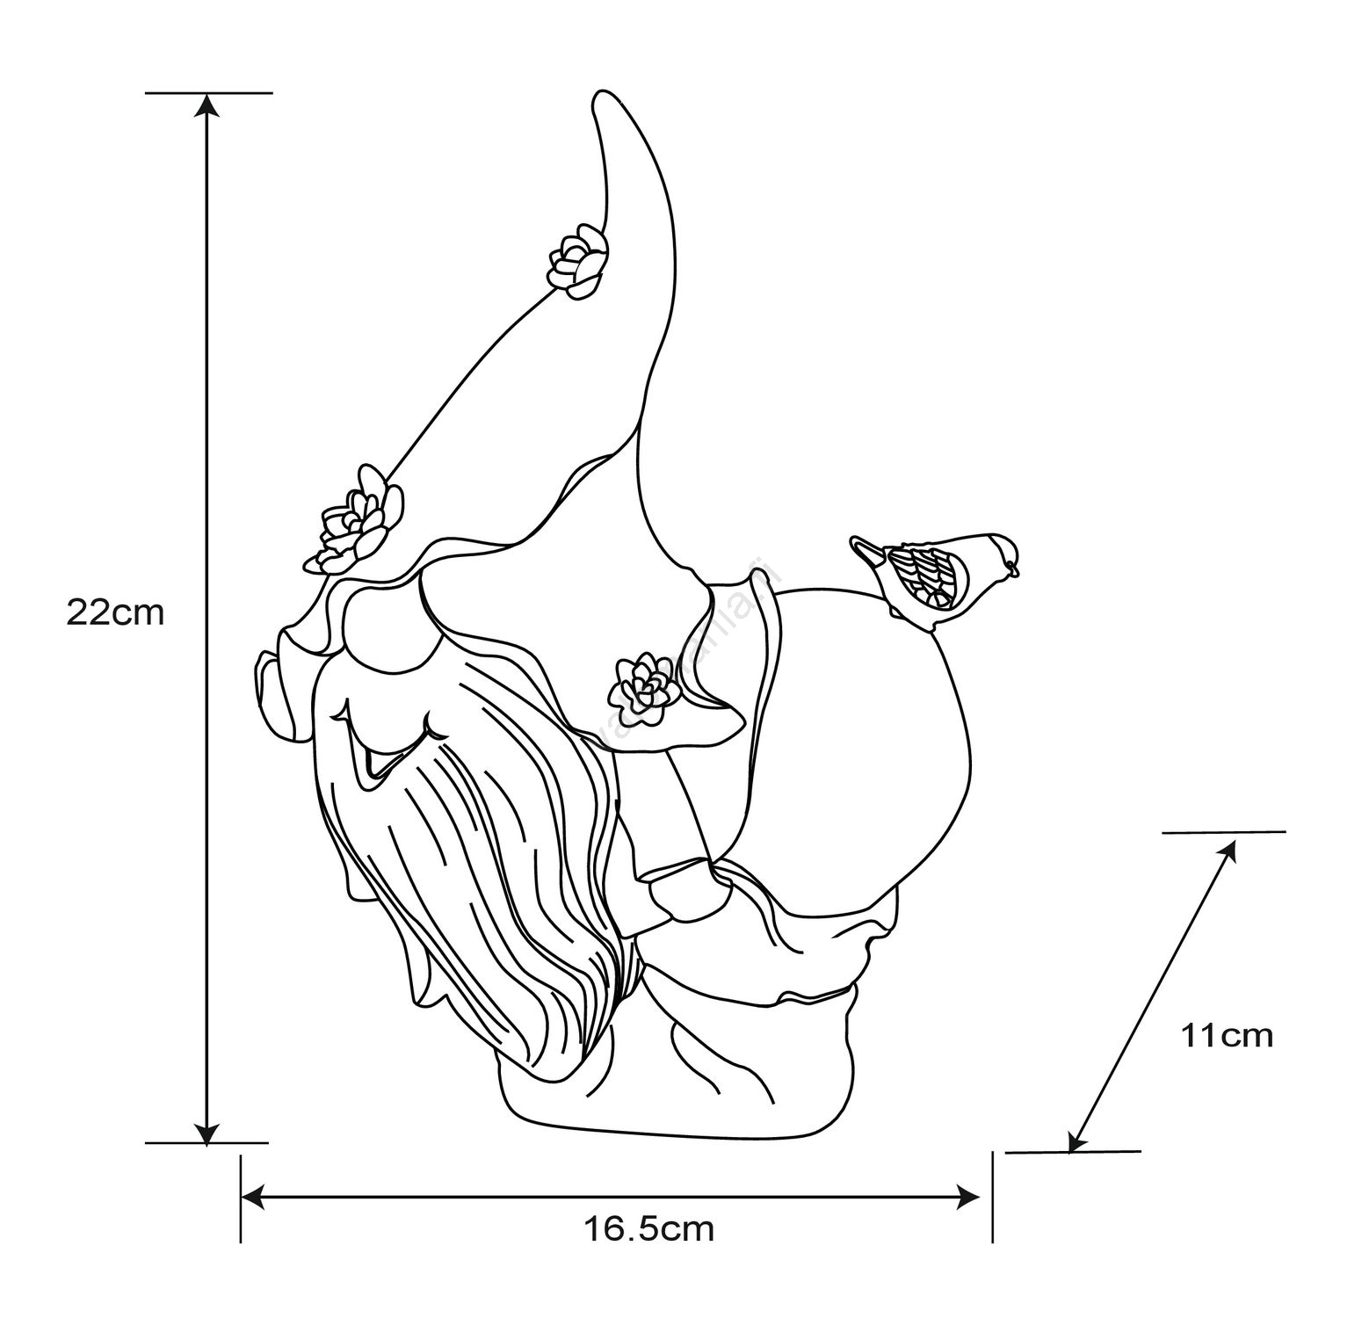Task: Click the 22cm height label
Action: (x=115, y=612)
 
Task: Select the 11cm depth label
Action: (x=1226, y=1036)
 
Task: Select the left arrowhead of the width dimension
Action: (x=253, y=1195)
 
